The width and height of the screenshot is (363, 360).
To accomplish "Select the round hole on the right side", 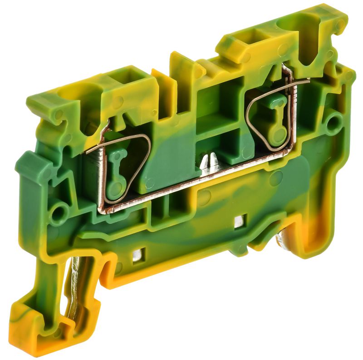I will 334,121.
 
